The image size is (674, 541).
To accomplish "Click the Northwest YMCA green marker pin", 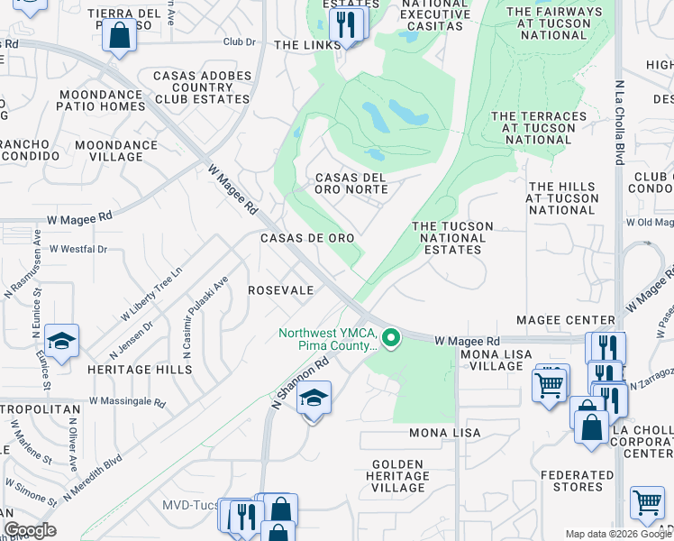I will coord(391,339).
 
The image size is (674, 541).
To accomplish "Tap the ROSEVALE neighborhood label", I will coord(280,290).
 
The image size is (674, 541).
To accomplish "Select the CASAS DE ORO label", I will coord(306,237).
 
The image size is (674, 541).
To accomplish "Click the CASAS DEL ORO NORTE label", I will coord(351,183).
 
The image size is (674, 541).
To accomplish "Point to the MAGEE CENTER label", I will coord(565,320).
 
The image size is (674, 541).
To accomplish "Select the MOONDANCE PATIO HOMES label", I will coord(103,100).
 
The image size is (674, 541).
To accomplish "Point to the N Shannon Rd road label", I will coord(298,382).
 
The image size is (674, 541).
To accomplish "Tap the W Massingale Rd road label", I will coord(127,401).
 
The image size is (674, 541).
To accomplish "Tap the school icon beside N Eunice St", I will coord(61,341).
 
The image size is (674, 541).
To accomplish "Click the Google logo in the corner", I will coord(30,530).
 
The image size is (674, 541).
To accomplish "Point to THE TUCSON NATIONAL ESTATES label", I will coord(452,238).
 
